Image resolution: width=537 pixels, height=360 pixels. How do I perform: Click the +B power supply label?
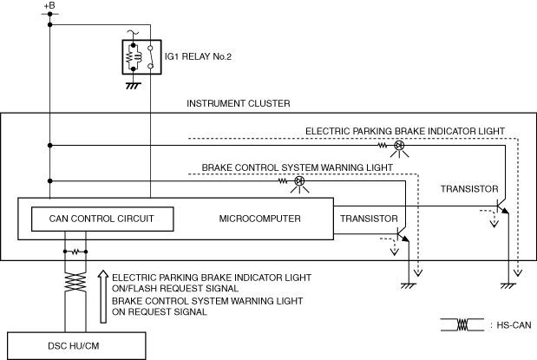click(49, 6)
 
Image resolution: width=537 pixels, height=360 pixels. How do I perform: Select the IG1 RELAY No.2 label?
click(198, 56)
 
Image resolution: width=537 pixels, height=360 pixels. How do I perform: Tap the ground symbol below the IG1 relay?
click(133, 86)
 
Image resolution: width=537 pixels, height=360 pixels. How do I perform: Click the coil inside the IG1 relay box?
click(138, 57)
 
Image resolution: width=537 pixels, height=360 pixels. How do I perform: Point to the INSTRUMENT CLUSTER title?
click(239, 103)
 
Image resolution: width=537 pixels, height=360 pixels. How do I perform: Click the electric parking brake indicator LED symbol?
click(399, 146)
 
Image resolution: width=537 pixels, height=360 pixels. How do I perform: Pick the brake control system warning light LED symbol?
click(299, 180)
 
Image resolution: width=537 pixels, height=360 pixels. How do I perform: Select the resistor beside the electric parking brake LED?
click(383, 146)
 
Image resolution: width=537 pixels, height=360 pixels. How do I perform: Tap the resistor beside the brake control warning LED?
click(283, 180)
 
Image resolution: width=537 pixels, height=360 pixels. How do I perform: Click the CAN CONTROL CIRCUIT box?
click(102, 219)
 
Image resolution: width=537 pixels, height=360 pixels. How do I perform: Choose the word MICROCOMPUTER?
click(260, 219)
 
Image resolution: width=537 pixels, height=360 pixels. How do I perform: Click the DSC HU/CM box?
click(76, 345)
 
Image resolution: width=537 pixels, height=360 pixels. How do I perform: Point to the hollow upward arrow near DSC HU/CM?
click(103, 297)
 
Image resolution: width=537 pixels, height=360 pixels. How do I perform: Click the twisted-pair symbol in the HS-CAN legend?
click(462, 324)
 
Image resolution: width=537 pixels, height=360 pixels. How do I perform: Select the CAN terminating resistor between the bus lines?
click(75, 252)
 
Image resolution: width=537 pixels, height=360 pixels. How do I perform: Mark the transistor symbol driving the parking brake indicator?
click(502, 206)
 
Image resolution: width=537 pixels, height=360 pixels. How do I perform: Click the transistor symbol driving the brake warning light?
click(403, 234)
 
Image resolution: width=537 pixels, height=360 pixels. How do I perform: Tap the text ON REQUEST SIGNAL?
click(160, 312)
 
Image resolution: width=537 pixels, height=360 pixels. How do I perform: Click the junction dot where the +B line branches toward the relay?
click(50, 24)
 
